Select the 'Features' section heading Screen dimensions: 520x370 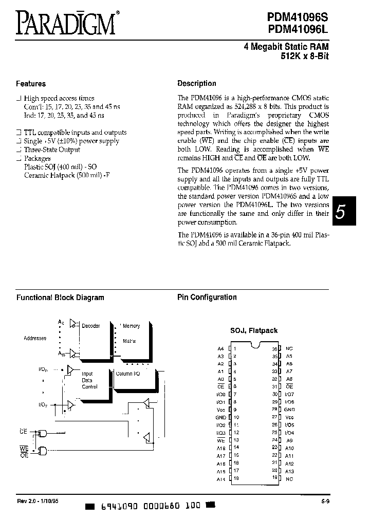tap(31, 84)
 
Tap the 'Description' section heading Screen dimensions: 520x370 tap(196, 83)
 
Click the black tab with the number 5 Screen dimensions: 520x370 tap(340, 212)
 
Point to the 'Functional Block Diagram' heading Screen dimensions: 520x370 tap(60, 298)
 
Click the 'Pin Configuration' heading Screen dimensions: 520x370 tap(207, 297)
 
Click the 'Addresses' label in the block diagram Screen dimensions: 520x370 tap(35, 338)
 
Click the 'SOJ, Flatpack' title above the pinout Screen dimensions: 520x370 tap(253, 330)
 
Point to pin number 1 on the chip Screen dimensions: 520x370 tap(235, 348)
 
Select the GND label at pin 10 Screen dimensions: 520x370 tap(220, 418)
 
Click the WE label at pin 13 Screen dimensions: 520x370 tap(221, 440)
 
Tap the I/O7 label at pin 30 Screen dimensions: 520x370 tap(289, 394)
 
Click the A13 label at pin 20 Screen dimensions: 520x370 tap(289, 471)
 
